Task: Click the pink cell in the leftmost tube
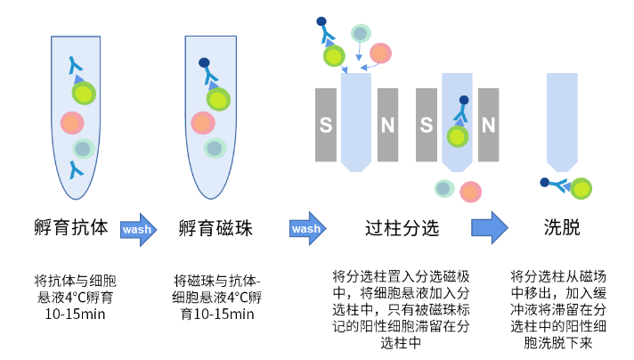click(72, 123)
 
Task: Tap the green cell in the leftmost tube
click(83, 94)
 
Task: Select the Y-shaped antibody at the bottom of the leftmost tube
click(76, 168)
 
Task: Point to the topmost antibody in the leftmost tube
click(75, 65)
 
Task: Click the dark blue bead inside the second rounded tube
click(204, 63)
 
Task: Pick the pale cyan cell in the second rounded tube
click(215, 148)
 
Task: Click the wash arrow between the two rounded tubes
click(138, 230)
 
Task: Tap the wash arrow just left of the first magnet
click(307, 229)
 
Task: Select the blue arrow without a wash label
click(489, 228)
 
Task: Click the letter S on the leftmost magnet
click(326, 126)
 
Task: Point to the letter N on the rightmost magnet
click(488, 126)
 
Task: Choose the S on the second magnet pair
click(427, 126)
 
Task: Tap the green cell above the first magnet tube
click(334, 56)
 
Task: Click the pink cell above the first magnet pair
click(380, 53)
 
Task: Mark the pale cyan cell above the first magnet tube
click(361, 33)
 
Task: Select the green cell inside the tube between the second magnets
click(458, 136)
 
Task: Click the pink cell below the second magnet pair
click(470, 192)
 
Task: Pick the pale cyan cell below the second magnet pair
click(444, 188)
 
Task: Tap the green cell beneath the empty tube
click(581, 189)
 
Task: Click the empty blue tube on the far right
click(562, 120)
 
